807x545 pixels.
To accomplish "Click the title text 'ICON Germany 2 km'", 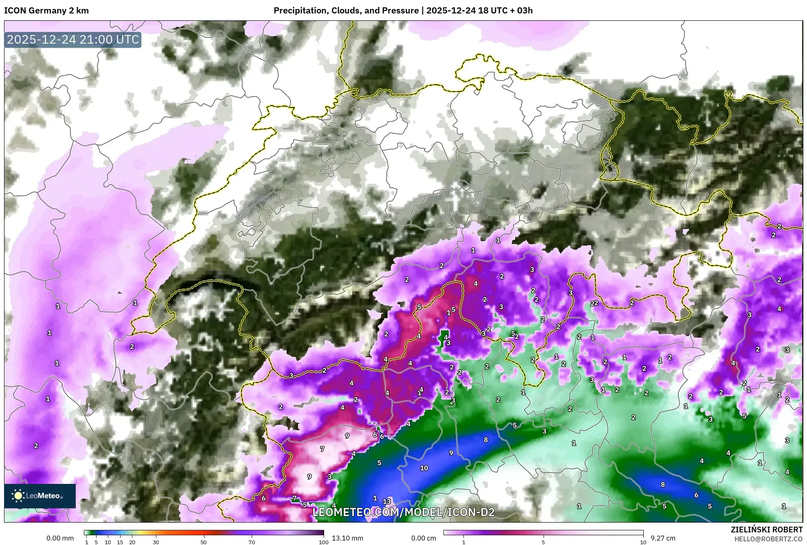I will pos(46,11).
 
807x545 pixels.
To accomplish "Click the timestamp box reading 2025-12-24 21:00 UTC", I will pos(73,40).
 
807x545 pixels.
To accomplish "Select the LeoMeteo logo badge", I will pos(40,496).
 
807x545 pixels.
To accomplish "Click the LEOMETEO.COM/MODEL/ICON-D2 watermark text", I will pos(403,512).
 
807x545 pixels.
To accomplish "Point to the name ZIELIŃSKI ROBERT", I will pos(766,530).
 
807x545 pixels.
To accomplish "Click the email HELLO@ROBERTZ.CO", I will pos(768,539).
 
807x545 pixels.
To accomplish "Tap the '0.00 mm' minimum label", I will pos(60,538).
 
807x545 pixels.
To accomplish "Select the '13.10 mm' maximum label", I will pos(347,538).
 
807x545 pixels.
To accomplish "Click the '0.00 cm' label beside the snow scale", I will pos(423,538).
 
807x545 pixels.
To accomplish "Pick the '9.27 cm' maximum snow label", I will pos(663,538).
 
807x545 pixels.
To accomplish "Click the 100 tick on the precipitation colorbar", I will pos(323,542).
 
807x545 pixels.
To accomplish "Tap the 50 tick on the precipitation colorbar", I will pos(204,542).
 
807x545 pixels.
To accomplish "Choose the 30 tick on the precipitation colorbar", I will pos(156,542).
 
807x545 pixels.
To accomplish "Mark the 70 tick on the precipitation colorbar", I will pos(252,542).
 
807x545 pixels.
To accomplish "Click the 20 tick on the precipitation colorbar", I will pos(132,542).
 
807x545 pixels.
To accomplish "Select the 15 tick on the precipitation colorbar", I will pos(120,542).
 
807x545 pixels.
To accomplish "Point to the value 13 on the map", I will pos(386,501).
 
